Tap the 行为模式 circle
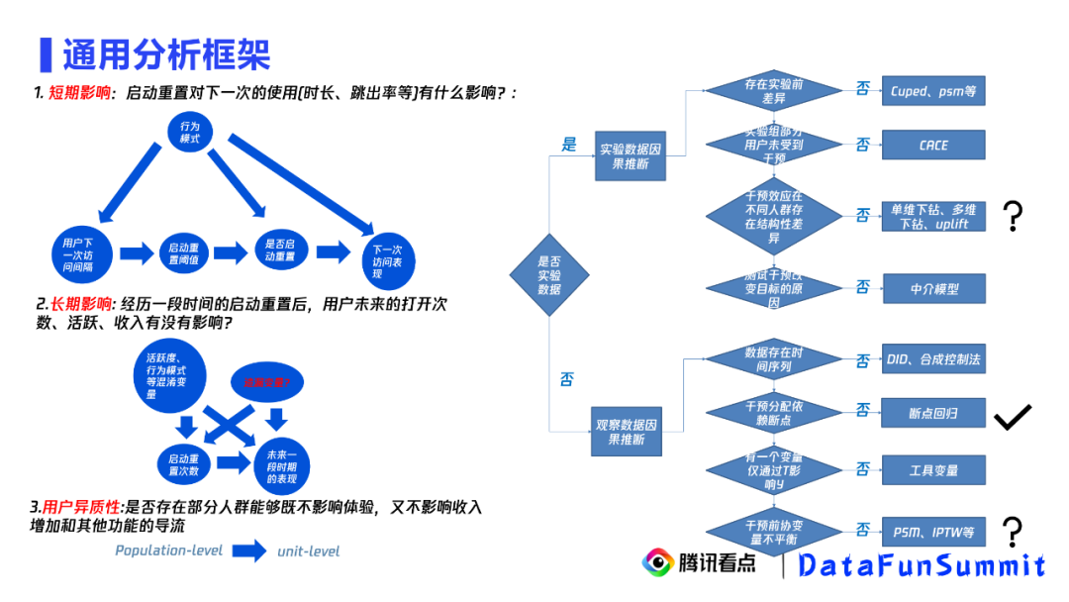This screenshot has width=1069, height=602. click(190, 133)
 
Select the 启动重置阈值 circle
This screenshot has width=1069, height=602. click(185, 252)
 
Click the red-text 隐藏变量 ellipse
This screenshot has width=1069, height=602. click(267, 380)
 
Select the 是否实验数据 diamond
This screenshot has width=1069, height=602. click(549, 275)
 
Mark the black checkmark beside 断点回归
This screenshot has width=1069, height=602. click(1013, 417)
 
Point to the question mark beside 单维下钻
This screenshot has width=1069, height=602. click(1013, 215)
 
